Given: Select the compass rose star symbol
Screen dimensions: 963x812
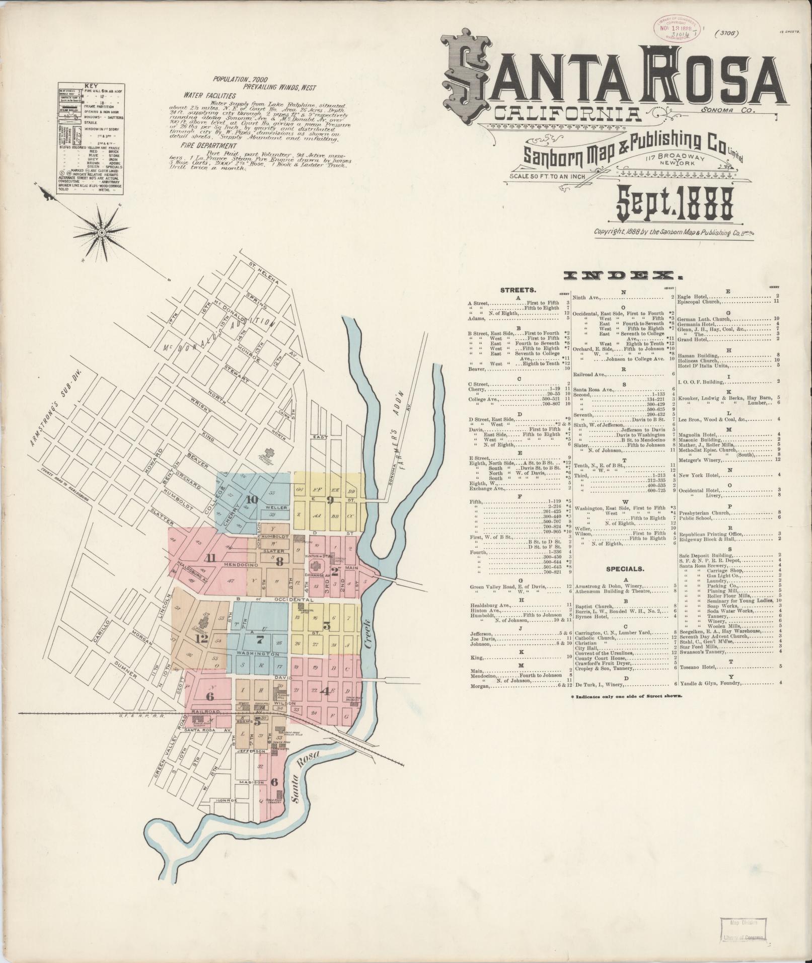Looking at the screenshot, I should click(x=102, y=232).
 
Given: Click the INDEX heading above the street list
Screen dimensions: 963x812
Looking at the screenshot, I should click(x=620, y=275).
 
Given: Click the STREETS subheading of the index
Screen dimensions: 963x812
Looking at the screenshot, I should click(x=518, y=290).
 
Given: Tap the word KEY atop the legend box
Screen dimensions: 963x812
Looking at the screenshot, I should click(x=92, y=86).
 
